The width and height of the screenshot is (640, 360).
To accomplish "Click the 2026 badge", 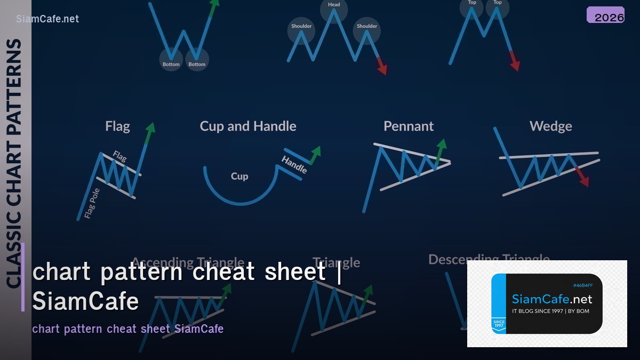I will [605, 15].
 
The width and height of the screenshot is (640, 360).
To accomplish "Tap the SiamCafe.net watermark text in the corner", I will [47, 19].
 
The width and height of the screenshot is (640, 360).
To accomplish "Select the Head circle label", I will [334, 5].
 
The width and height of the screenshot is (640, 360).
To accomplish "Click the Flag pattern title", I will [117, 126].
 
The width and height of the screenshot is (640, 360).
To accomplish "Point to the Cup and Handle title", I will [248, 126].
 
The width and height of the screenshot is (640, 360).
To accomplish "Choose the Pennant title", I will [409, 126].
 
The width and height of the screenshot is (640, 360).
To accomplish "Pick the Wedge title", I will [550, 126].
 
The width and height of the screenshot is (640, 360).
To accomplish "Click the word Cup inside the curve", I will [239, 176].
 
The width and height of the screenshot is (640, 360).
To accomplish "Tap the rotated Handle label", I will [294, 164].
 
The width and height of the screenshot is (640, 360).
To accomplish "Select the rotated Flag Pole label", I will [92, 204].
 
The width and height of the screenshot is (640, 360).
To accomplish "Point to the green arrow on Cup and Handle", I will [315, 154].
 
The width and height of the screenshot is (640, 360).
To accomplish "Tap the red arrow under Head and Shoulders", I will [381, 66].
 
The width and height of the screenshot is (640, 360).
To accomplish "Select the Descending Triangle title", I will [489, 259].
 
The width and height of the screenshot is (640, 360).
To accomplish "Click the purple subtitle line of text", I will [128, 329].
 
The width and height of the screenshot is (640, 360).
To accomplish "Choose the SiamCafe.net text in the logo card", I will [552, 299].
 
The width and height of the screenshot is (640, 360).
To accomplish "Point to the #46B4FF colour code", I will [583, 285].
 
